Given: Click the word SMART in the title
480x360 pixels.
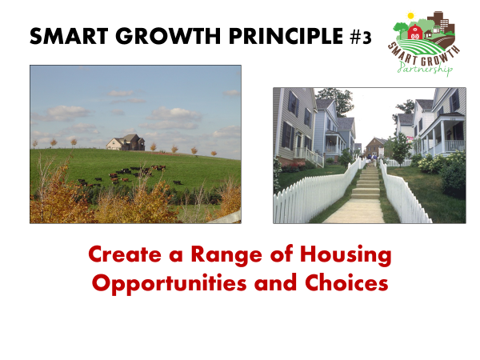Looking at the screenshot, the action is pos(69,36).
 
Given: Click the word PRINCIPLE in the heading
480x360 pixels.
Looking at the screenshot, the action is pos(286,36).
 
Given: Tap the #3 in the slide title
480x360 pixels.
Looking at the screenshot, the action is pos(361,38).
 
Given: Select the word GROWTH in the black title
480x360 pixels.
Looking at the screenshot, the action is pos(168,36).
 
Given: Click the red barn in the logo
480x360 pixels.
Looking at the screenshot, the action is pos(414,31).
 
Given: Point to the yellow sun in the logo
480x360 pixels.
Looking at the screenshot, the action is pos(410,15).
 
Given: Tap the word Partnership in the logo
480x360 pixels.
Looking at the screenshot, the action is pos(426,68).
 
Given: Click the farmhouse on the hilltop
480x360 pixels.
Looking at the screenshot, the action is pos(126,142).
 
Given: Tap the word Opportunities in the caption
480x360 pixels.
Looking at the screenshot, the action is pos(170,283).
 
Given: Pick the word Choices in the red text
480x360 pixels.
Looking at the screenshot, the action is pos(346,282).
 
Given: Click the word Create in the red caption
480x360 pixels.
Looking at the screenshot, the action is pos(125,254).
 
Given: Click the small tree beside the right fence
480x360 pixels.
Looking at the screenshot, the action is pos(401,150).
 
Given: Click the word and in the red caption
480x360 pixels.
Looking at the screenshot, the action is pos(275,282).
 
